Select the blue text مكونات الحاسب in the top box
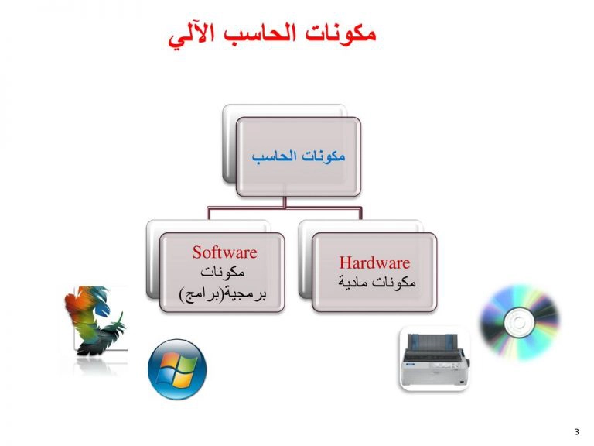pyautogui.click(x=299, y=156)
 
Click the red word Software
pyautogui.click(x=224, y=252)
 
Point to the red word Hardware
pyautogui.click(x=374, y=262)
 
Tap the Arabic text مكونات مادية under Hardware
pyautogui.click(x=377, y=282)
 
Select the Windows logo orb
pyautogui.click(x=177, y=369)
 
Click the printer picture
pyautogui.click(x=435, y=359)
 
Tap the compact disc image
pyautogui.click(x=520, y=322)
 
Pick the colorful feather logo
pyautogui.click(x=95, y=321)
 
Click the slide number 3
pyautogui.click(x=577, y=431)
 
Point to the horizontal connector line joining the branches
pyautogui.click(x=285, y=208)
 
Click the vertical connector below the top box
pyautogui.click(x=285, y=201)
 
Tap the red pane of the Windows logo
pyautogui.click(x=169, y=361)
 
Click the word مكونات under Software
pyautogui.click(x=223, y=272)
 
